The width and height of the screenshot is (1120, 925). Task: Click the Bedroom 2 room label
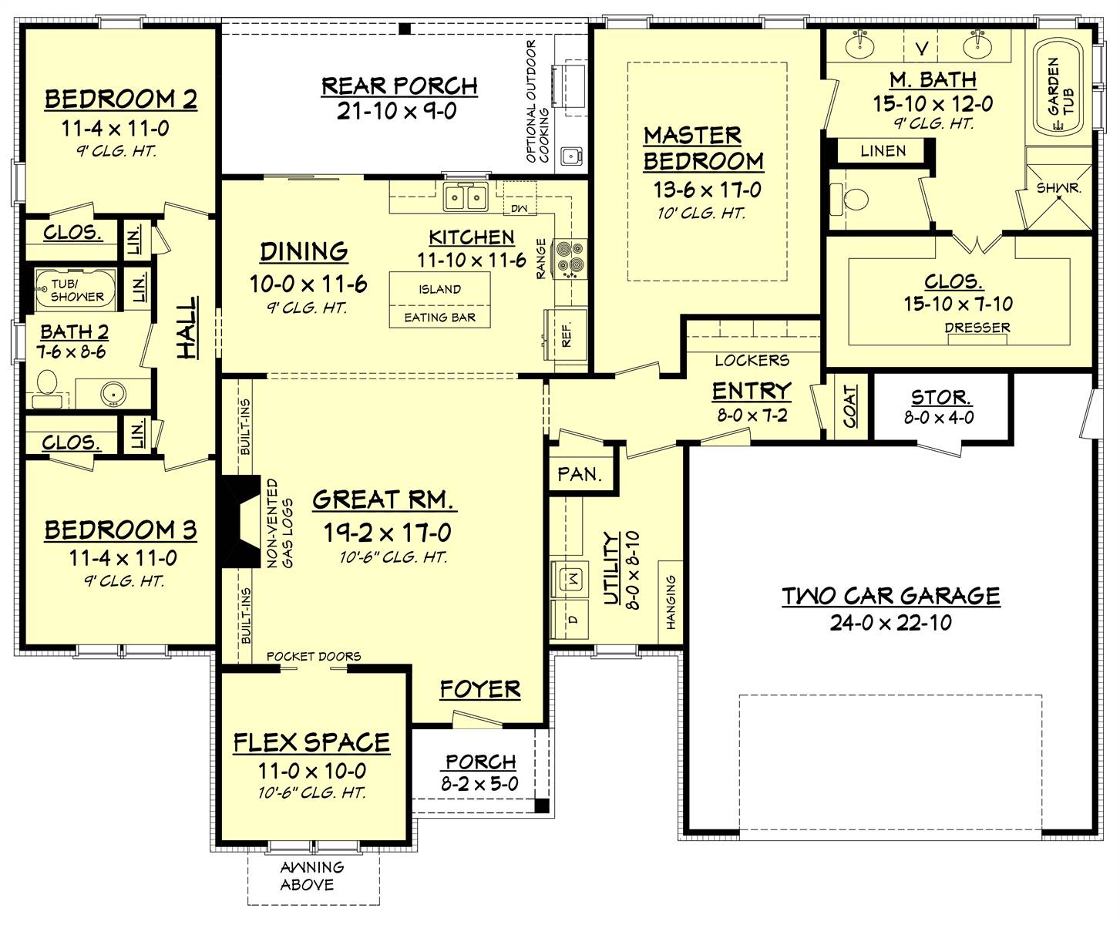tap(120, 99)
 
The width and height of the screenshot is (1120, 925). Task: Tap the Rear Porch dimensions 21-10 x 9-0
tap(396, 112)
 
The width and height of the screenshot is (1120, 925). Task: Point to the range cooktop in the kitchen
tap(571, 258)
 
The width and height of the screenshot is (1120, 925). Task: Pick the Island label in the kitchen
tap(439, 290)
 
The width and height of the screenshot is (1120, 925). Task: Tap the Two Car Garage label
tap(890, 596)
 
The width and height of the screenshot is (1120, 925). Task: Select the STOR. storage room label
tap(940, 398)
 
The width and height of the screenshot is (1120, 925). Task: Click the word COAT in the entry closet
tap(849, 406)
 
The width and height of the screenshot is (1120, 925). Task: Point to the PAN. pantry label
tap(579, 474)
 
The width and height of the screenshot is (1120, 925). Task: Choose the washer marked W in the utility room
tap(571, 577)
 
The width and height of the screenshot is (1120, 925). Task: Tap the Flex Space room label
tap(311, 742)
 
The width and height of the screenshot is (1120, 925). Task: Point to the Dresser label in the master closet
tap(977, 328)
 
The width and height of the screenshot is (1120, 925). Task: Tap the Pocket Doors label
tap(313, 657)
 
